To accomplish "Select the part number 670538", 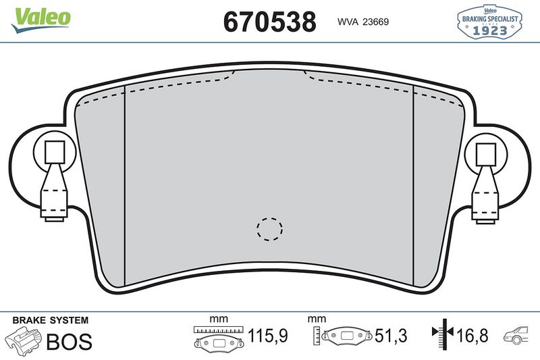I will [269, 22].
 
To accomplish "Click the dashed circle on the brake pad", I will [269, 229].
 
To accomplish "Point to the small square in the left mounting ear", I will [54, 154].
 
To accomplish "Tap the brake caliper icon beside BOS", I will [22, 340].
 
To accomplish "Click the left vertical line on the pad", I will [125, 189].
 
